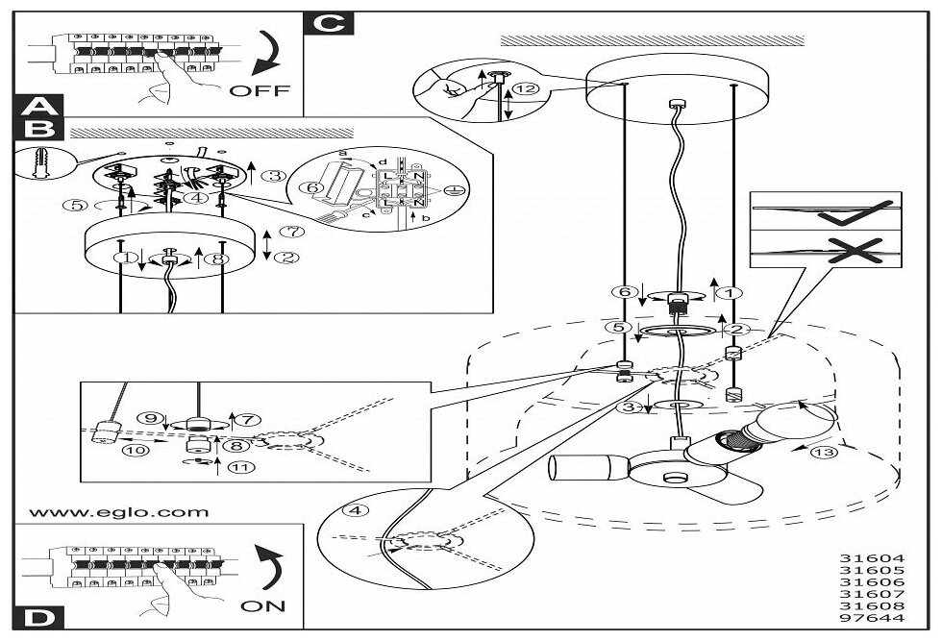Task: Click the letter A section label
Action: tap(37, 107)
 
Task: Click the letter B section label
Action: tap(37, 128)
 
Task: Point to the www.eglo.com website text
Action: tap(119, 512)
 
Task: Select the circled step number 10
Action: tap(133, 449)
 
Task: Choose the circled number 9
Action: tap(148, 419)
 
